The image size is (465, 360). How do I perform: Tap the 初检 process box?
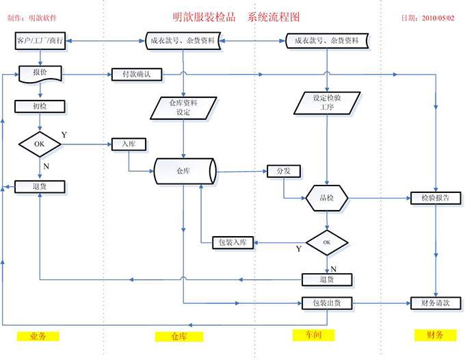tap(40, 106)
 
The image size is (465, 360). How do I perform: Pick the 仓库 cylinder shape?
tap(184, 170)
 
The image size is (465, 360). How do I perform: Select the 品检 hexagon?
tap(326, 198)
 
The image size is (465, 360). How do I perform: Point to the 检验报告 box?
tap(430, 198)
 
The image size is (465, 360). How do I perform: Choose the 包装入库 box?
tap(233, 242)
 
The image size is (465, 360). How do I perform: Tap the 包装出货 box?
tap(327, 303)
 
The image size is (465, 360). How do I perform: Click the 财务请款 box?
tap(430, 303)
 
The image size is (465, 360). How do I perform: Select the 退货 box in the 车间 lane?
tap(327, 279)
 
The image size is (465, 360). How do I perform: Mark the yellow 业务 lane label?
tap(38, 336)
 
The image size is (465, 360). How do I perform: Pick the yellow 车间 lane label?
tap(311, 335)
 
